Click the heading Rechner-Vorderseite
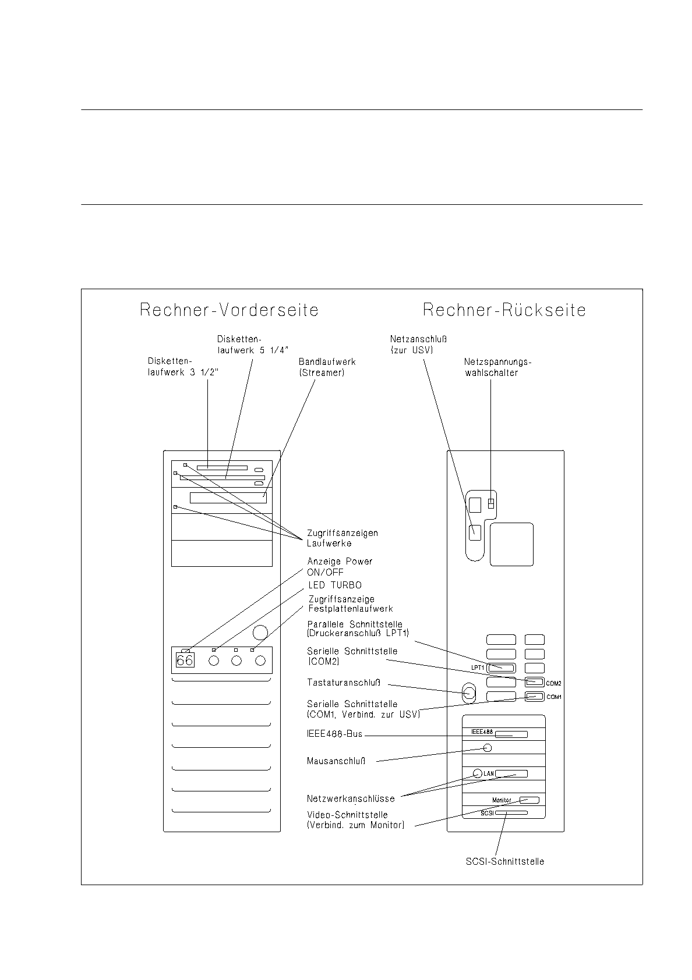[x=229, y=310]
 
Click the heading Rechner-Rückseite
[x=504, y=310]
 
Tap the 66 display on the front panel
[x=185, y=661]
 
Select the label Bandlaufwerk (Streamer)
[x=327, y=367]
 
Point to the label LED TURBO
[x=335, y=585]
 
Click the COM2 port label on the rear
[x=553, y=683]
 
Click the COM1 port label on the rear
[x=553, y=697]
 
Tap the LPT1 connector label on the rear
[x=478, y=668]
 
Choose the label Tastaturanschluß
[x=344, y=683]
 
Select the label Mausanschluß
[x=336, y=761]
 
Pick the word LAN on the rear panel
[x=489, y=773]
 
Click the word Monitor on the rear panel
[x=502, y=800]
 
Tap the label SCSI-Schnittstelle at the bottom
[x=505, y=862]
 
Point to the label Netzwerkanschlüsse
[x=351, y=799]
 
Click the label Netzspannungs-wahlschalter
[x=497, y=367]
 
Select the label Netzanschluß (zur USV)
[x=418, y=345]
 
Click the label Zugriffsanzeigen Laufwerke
[x=343, y=538]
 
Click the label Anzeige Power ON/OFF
[x=340, y=567]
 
